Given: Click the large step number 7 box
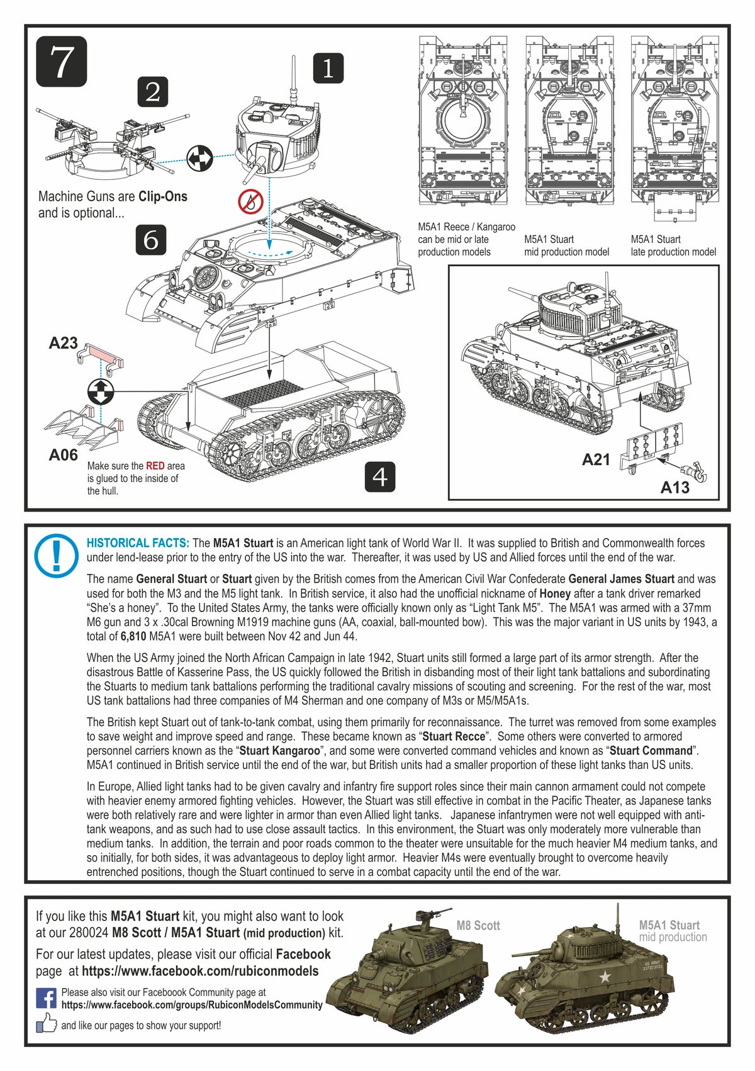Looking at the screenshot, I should [61, 62].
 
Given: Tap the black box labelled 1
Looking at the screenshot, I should [328, 68].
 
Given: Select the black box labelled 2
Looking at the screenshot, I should [153, 92].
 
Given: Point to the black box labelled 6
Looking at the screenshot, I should [151, 239].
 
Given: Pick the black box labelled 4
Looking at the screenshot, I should [380, 476].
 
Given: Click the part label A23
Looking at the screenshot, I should [64, 344].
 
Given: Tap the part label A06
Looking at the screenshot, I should [64, 455].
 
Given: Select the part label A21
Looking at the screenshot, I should [596, 460].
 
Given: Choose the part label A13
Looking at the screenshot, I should [674, 488].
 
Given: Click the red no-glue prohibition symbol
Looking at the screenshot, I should [250, 201].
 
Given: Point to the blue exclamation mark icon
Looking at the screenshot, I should [57, 556].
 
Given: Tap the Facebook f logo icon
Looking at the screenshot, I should [46, 998].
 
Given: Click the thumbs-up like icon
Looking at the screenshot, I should [46, 1024].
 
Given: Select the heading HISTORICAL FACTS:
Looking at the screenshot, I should [138, 543].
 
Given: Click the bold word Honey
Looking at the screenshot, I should [555, 593].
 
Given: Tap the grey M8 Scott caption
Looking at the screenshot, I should [478, 926].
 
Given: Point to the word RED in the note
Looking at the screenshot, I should [155, 466].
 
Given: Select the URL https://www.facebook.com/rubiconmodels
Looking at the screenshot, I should [200, 971].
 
